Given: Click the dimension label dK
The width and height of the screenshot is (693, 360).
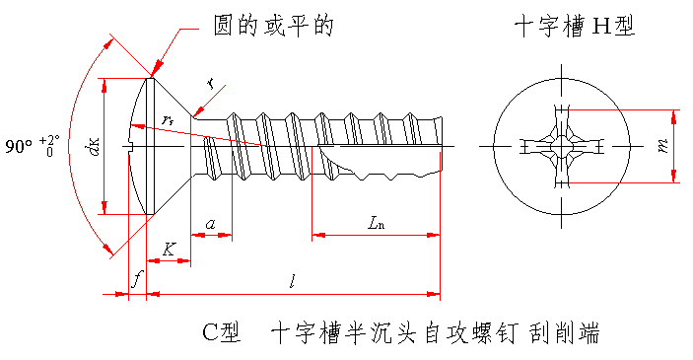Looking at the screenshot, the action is click(x=94, y=146).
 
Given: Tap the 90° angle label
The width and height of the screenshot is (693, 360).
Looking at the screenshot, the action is click(x=19, y=146).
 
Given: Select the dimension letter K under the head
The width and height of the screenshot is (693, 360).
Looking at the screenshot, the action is click(x=169, y=249).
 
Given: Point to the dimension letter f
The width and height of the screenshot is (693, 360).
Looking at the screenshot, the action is click(x=137, y=279).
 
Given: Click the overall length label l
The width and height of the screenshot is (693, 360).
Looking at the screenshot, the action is click(x=292, y=281).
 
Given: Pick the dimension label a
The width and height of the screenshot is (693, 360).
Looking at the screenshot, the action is click(x=211, y=224).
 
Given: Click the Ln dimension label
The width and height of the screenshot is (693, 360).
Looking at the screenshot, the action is click(x=376, y=223).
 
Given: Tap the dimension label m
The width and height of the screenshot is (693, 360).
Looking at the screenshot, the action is click(x=662, y=146).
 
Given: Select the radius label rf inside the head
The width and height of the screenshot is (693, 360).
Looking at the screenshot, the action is click(x=168, y=119).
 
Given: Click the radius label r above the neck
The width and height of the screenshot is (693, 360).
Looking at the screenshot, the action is click(x=211, y=83).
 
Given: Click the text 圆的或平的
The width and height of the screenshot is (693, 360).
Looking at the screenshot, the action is click(x=273, y=26).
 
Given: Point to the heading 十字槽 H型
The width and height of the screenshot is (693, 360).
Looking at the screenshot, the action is click(x=575, y=26).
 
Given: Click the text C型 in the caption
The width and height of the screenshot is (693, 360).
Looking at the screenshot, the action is click(x=222, y=332).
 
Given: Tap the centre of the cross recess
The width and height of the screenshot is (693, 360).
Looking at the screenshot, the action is click(x=561, y=146).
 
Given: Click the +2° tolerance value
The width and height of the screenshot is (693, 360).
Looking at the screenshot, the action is click(x=49, y=141).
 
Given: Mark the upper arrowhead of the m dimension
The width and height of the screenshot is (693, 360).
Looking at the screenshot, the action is click(x=673, y=117).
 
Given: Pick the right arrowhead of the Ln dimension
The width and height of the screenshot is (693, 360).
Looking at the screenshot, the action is click(x=433, y=235).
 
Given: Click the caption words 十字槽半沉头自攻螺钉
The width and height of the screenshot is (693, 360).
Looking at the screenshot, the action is click(x=393, y=333).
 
